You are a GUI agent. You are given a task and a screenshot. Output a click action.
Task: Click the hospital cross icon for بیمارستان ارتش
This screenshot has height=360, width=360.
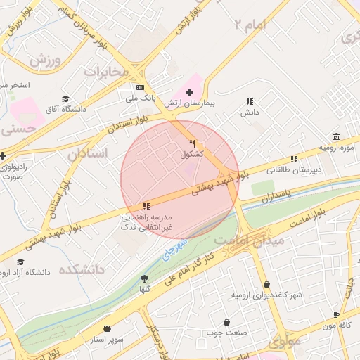click(x=189, y=92)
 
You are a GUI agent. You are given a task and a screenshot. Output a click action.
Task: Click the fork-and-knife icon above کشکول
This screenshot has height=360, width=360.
click(x=192, y=143)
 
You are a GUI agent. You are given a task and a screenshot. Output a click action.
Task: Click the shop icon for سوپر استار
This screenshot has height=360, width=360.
click(x=107, y=328)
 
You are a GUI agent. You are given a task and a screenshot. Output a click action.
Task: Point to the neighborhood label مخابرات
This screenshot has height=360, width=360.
click(x=106, y=72)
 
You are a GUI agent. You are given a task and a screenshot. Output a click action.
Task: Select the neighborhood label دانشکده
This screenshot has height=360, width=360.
click(x=82, y=269)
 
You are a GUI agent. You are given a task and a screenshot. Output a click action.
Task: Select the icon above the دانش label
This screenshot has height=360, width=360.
click(x=250, y=101)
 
